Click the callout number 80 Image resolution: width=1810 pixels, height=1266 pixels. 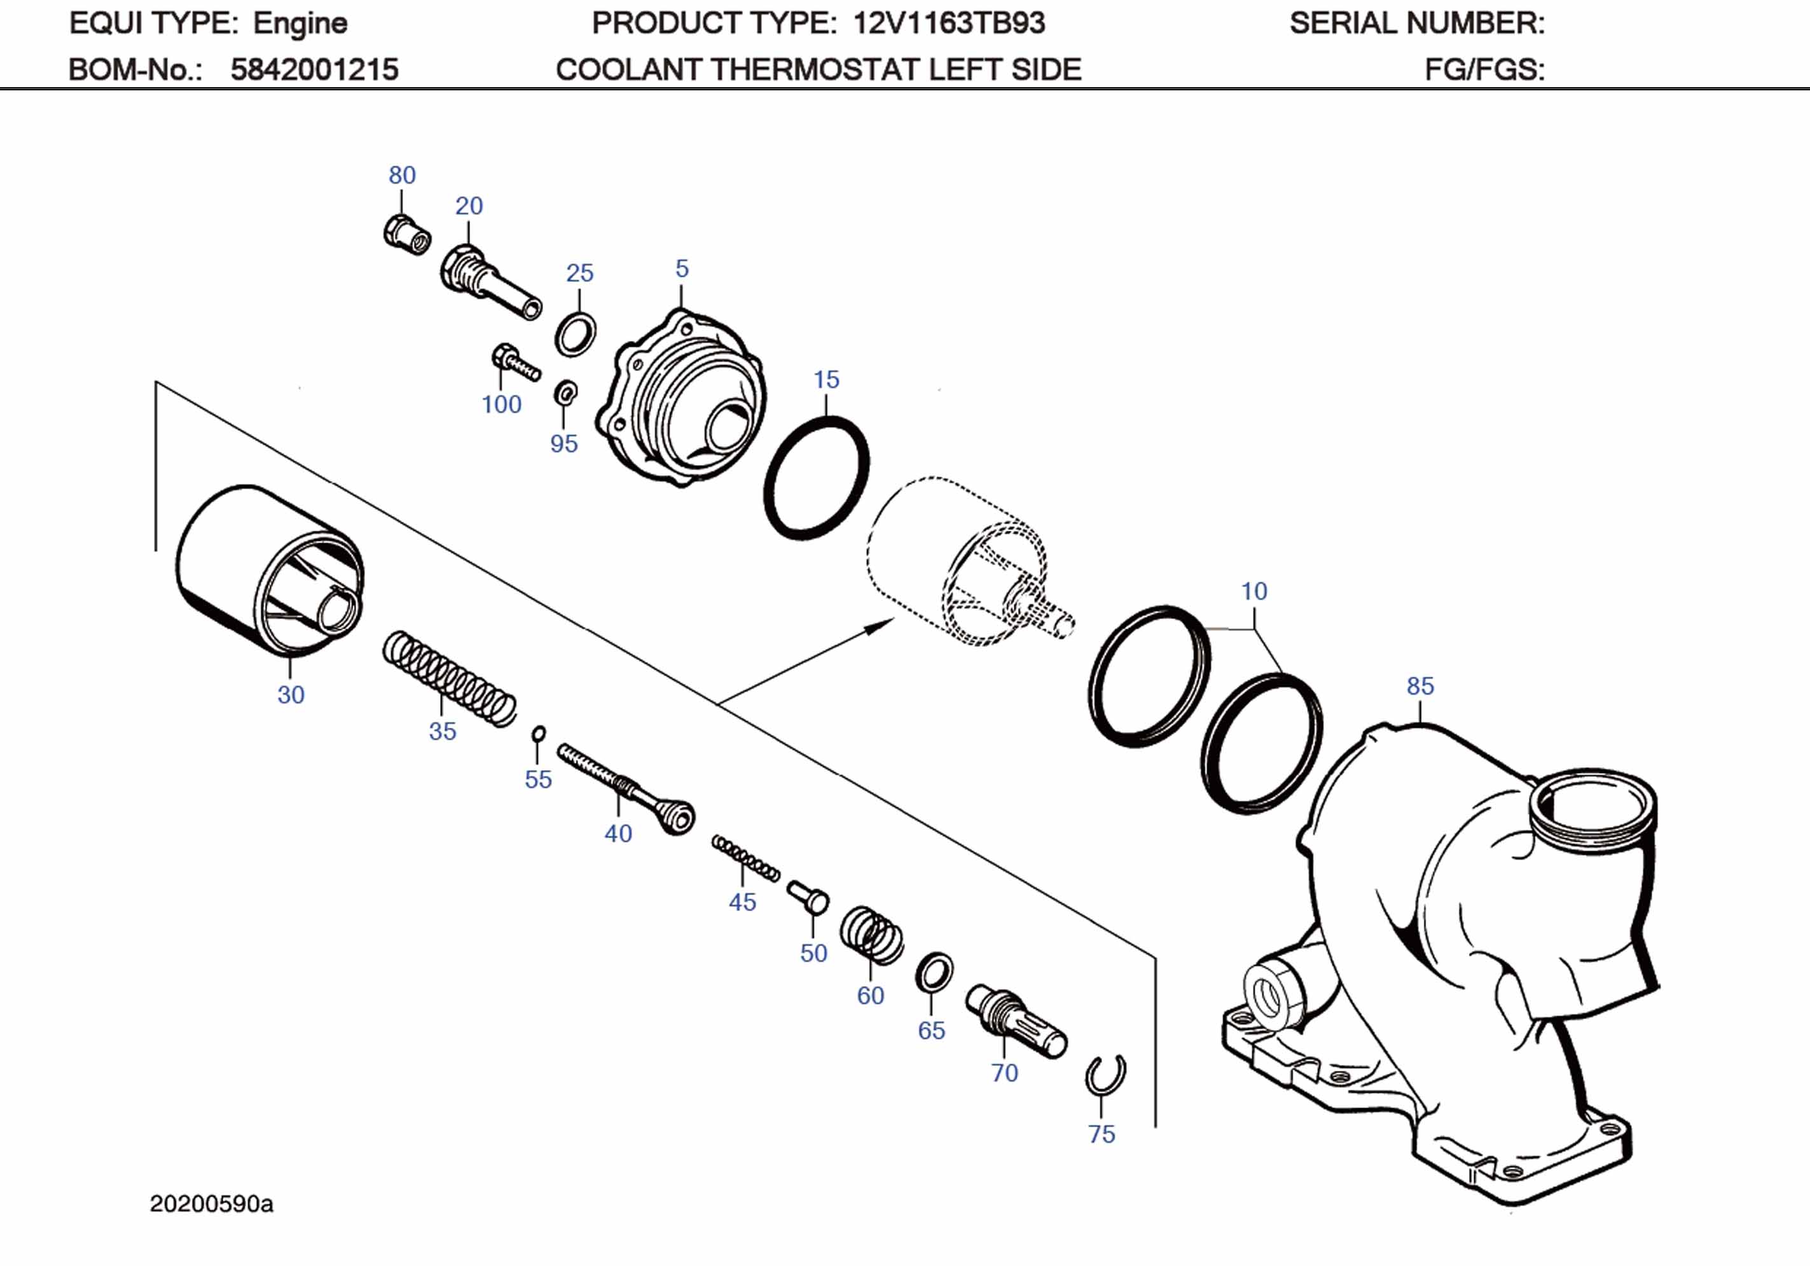click(402, 175)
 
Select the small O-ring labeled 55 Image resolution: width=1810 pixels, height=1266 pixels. click(539, 734)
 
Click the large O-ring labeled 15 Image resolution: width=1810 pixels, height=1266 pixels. click(817, 478)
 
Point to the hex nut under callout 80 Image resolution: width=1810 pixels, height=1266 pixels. click(408, 234)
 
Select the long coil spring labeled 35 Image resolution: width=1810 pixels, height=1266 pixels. click(450, 678)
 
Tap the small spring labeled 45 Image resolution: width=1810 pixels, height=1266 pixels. click(746, 858)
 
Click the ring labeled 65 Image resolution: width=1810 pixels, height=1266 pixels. click(934, 974)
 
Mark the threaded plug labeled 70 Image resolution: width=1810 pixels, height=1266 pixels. click(1016, 1022)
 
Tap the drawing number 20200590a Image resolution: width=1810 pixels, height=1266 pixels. click(211, 1204)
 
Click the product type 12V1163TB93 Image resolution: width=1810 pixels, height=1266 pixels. click(948, 23)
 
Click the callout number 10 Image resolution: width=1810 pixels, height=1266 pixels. click(1254, 591)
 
